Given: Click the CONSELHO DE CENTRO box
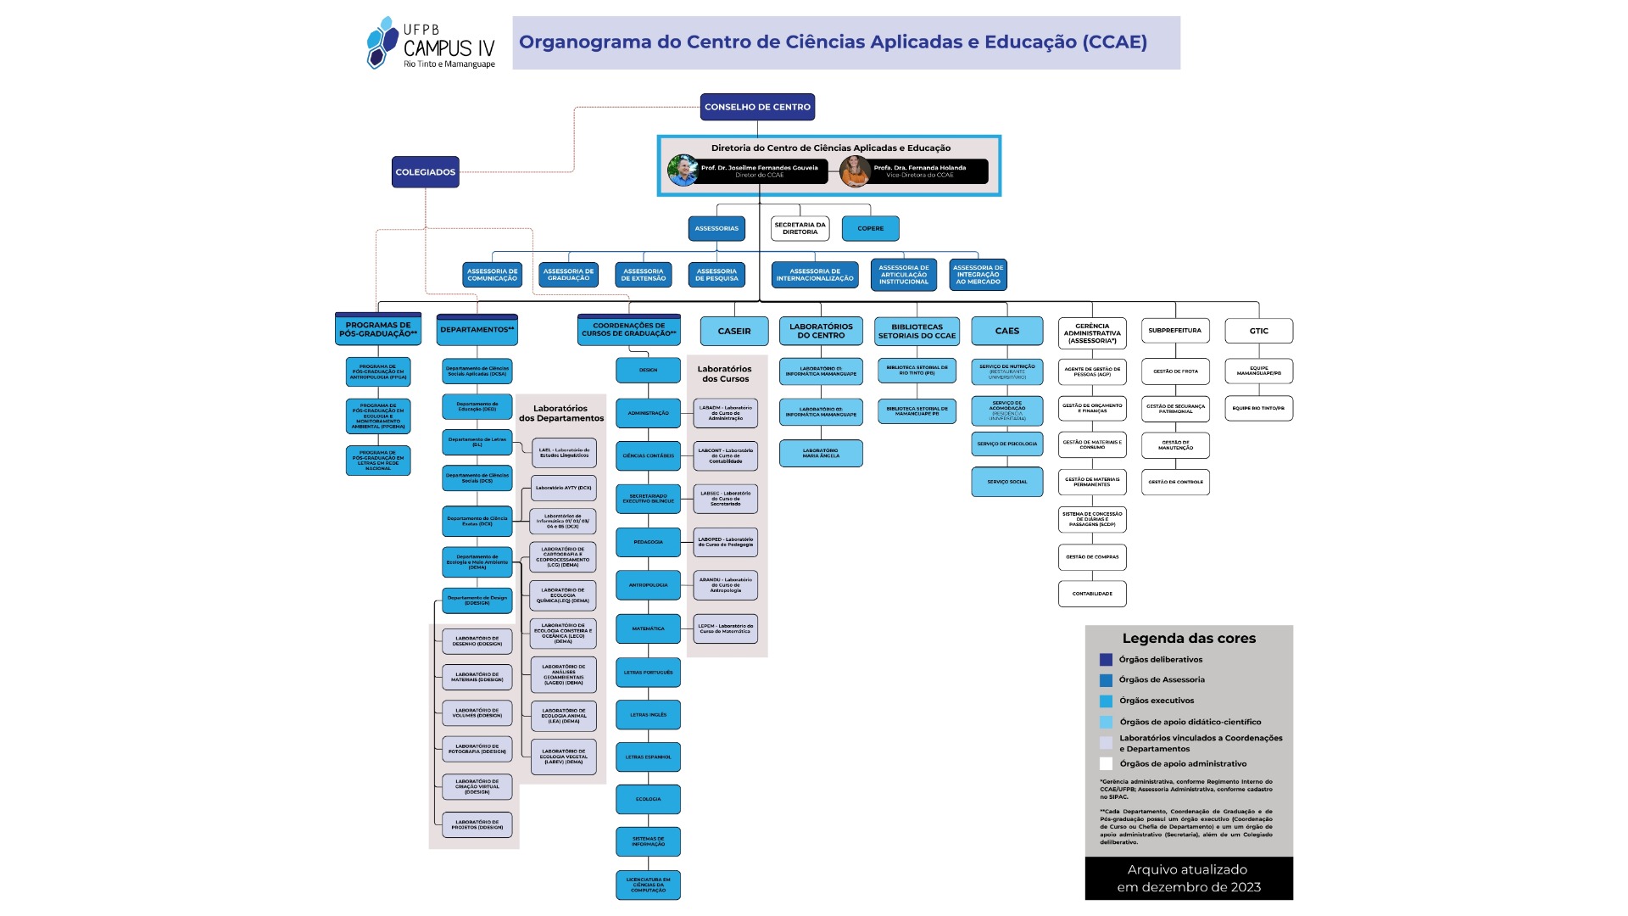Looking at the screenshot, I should point(757,107).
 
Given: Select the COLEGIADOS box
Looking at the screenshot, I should point(426,172).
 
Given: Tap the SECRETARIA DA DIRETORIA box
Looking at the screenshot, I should point(800,228).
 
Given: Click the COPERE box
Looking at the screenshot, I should point(870,228).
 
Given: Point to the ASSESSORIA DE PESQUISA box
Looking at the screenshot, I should point(716,275).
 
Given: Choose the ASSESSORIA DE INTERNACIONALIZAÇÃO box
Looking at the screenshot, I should point(815,275).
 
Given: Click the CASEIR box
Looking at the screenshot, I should point(734,331).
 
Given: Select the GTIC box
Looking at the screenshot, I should point(1258,331).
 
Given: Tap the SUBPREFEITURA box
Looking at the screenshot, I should point(1174,331).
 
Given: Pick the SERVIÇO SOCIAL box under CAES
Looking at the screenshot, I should point(1006,482).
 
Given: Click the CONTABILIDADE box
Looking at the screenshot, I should point(1092,594).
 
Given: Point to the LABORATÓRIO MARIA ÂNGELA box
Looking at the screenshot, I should point(820,453).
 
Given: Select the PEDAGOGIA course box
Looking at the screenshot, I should point(648,542).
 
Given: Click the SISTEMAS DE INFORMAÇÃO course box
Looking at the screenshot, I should point(648,841).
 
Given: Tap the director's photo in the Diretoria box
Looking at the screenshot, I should point(683,170).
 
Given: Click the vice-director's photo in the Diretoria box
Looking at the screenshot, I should point(855,171).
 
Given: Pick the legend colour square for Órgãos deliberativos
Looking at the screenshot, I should point(1106,660).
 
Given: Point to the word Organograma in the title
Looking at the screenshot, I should point(573,42).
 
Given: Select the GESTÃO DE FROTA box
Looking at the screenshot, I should point(1175,371).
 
